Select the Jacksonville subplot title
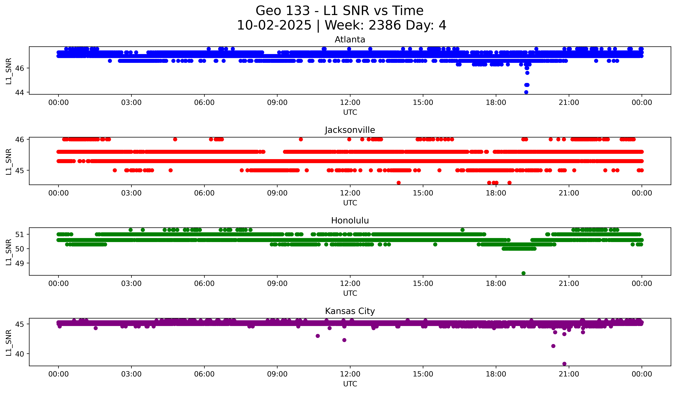pos(350,130)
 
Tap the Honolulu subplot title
pos(350,221)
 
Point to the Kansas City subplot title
pos(350,311)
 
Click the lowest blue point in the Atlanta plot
pos(526,92)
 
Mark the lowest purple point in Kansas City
pos(564,364)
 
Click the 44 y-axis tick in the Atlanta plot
pos(20,92)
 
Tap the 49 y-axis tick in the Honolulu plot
pos(20,263)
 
